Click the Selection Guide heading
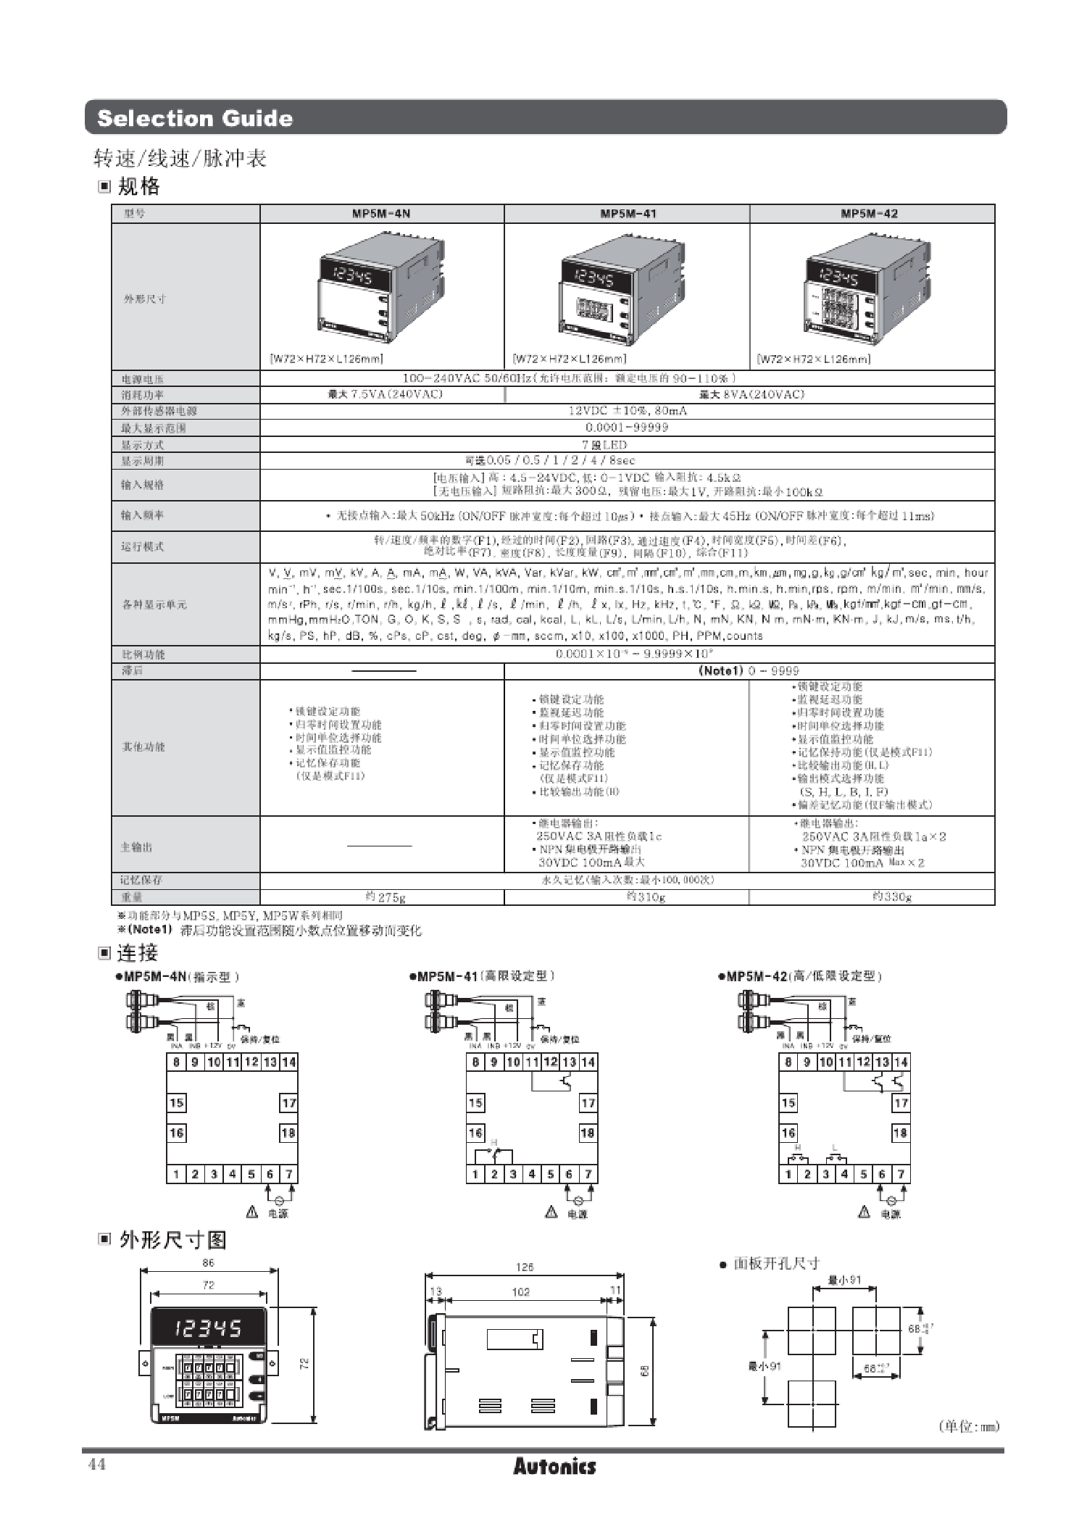(194, 118)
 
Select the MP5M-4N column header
(381, 214)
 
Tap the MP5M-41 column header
(628, 214)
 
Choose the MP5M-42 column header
(870, 214)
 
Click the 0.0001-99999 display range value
(627, 427)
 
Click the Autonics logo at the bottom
(554, 1466)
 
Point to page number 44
(96, 1465)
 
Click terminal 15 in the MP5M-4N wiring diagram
(176, 1103)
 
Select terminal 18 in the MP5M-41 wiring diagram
(588, 1133)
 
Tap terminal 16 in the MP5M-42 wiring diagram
(788, 1133)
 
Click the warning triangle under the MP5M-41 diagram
(551, 1212)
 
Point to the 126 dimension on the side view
(525, 1267)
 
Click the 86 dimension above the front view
(209, 1262)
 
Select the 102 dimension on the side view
(520, 1291)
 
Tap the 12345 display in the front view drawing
(208, 1328)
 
